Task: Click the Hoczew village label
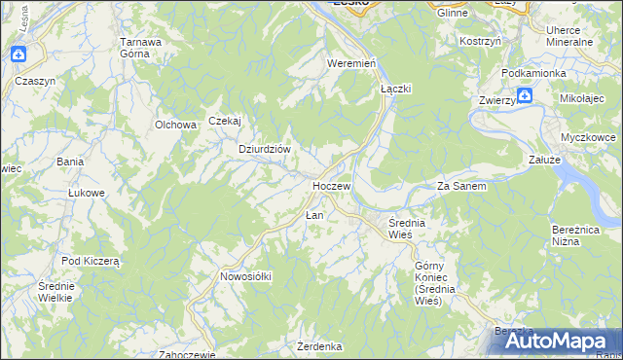tap(331, 185)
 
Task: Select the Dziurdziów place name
tap(266, 149)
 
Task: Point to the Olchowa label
tap(176, 125)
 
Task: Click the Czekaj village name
tap(224, 121)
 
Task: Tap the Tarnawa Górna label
tap(140, 49)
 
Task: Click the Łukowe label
tap(86, 193)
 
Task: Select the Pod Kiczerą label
tap(90, 262)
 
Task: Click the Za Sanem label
tap(461, 186)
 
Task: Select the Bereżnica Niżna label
tap(579, 234)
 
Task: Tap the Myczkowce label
tap(589, 137)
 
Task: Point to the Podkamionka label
tap(533, 74)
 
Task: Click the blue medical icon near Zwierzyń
tap(526, 95)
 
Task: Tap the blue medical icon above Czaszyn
tap(18, 55)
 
